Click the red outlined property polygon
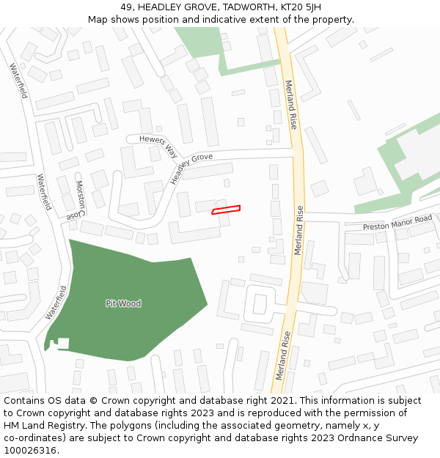[226, 210]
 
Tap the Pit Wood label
[123, 303]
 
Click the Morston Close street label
[77, 200]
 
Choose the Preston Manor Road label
[397, 223]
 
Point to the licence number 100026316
[30, 451]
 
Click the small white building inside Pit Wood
[63, 343]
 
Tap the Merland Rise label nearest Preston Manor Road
[299, 230]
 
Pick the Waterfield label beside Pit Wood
[56, 302]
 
